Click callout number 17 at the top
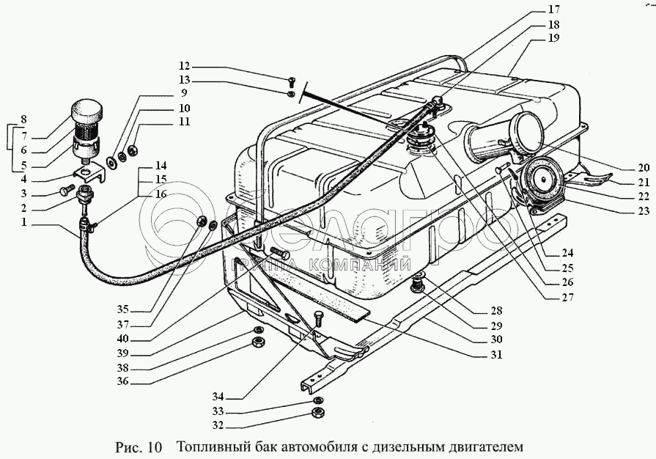(x=553, y=10)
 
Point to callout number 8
(x=23, y=119)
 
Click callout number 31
(x=496, y=354)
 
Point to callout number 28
(x=496, y=311)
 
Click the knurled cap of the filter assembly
(x=87, y=114)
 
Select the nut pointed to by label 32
(x=318, y=414)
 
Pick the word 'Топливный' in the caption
(x=211, y=446)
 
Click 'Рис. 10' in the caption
(x=139, y=446)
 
